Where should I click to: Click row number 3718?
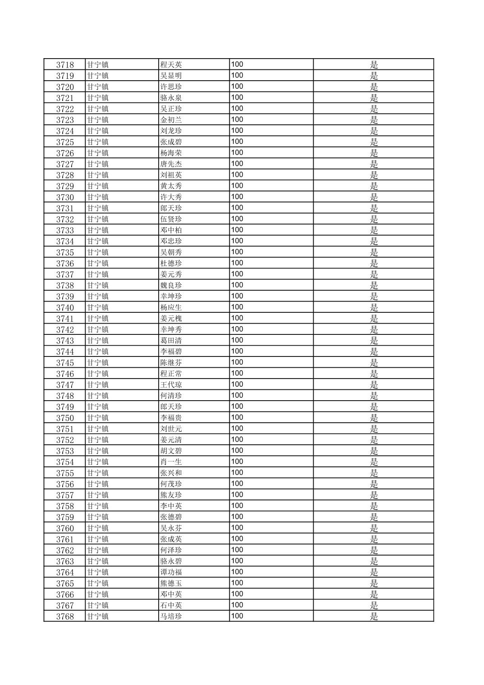(x=65, y=64)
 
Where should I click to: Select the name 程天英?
(x=171, y=64)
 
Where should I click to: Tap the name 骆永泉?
(x=171, y=98)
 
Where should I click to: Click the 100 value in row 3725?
(x=237, y=142)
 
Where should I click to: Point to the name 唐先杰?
(x=171, y=164)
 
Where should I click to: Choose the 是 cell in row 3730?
(x=374, y=197)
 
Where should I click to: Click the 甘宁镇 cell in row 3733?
(x=98, y=230)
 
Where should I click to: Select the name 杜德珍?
(x=171, y=263)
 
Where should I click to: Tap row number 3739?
(x=65, y=297)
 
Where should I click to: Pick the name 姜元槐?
(x=171, y=319)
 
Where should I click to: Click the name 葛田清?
(x=171, y=341)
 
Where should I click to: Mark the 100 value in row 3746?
(x=237, y=373)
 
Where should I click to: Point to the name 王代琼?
(x=171, y=385)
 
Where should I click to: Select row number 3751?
(x=65, y=429)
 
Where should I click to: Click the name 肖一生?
(x=171, y=462)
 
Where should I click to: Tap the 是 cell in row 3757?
(x=374, y=495)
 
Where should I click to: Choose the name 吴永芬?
(x=171, y=528)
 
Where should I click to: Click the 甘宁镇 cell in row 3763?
(x=98, y=561)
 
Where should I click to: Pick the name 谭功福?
(x=171, y=572)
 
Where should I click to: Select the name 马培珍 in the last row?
(x=171, y=616)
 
